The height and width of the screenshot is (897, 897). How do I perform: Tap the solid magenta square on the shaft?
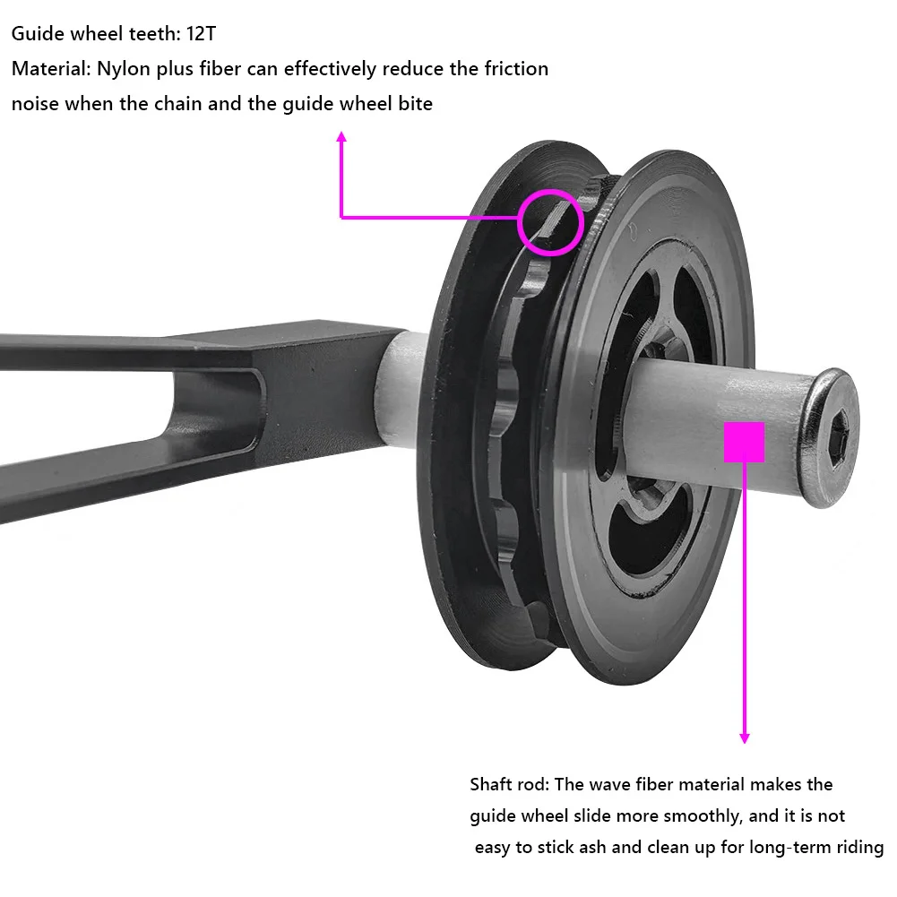(744, 442)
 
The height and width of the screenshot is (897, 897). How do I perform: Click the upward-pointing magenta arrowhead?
(341, 136)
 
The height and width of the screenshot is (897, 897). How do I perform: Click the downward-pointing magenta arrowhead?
(744, 737)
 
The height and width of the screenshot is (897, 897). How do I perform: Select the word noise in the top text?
(35, 103)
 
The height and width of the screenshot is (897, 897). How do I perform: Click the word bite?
(413, 103)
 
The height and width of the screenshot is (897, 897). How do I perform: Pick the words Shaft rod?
(508, 785)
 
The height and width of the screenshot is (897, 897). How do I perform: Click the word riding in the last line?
(858, 847)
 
